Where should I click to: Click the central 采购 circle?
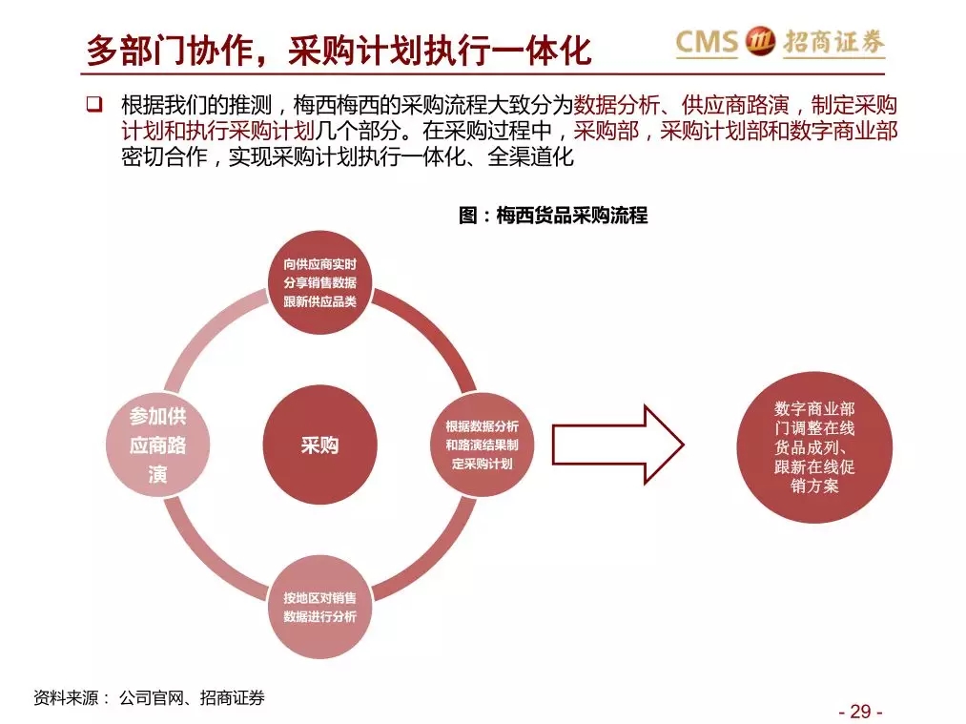coord(319,445)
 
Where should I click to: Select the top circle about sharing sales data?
coord(319,282)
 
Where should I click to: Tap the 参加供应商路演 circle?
coord(157,445)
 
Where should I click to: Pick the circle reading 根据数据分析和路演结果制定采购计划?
coord(482,445)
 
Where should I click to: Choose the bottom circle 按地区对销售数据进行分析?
coord(319,607)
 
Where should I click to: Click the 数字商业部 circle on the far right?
coord(814,447)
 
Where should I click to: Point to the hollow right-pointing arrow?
coord(618,445)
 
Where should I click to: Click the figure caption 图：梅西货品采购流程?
coord(553,216)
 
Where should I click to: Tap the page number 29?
coord(861,711)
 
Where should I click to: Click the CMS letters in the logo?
coord(707,42)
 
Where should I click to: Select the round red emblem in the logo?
coord(761,41)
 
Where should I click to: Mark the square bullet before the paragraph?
coord(94,104)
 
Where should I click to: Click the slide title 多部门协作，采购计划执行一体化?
coord(339,50)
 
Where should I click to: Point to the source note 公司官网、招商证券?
coord(192,697)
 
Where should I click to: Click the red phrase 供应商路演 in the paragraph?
coord(735,105)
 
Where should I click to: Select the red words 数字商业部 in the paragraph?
coord(843,132)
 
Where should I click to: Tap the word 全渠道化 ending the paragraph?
coord(530,157)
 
